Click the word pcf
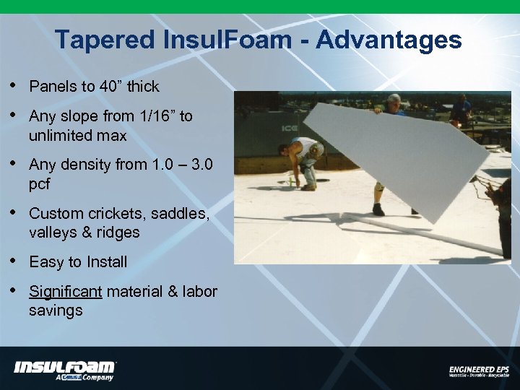click(x=40, y=184)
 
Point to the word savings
click(x=56, y=311)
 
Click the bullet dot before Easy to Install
click(x=15, y=261)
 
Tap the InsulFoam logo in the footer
click(x=65, y=368)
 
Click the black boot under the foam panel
click(x=378, y=210)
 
